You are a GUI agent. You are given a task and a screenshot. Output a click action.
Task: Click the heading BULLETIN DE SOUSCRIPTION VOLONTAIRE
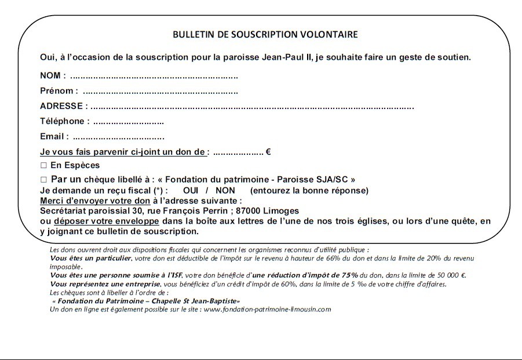point(265,34)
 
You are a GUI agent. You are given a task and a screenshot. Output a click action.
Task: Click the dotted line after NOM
point(154,77)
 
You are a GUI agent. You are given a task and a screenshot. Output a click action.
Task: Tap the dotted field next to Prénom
point(160,92)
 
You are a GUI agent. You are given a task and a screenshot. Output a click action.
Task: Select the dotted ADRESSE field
point(252,107)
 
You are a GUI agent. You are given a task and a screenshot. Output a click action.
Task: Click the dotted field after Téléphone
point(128,122)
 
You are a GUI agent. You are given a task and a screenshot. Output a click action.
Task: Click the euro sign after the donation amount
point(269,152)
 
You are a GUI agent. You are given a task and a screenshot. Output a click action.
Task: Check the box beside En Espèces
point(43,166)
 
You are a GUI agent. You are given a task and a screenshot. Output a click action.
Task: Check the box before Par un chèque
point(43,180)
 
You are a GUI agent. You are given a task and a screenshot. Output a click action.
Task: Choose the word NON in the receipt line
point(225,191)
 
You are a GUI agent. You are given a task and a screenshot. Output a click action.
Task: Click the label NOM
point(51,77)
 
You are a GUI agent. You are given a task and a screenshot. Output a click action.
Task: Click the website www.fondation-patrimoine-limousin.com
point(267,310)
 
